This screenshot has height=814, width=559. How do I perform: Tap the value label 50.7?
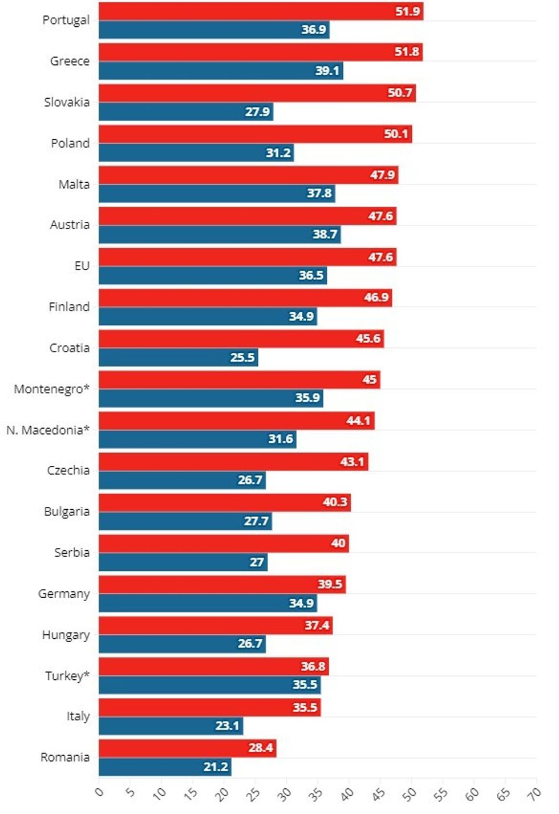(x=399, y=93)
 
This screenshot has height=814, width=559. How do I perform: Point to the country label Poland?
(x=70, y=143)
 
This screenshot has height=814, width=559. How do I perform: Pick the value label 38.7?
(x=325, y=235)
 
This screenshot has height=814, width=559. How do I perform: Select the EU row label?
(x=82, y=266)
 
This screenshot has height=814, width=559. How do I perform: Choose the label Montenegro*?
(x=52, y=389)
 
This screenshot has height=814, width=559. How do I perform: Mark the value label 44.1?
(x=358, y=421)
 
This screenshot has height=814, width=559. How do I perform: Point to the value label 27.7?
(x=256, y=521)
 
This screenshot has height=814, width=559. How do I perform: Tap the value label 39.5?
(x=330, y=585)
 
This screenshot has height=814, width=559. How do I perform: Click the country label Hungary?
(x=66, y=635)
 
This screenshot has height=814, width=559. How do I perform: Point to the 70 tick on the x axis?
(x=534, y=793)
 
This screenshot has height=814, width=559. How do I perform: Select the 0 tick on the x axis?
(x=99, y=792)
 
